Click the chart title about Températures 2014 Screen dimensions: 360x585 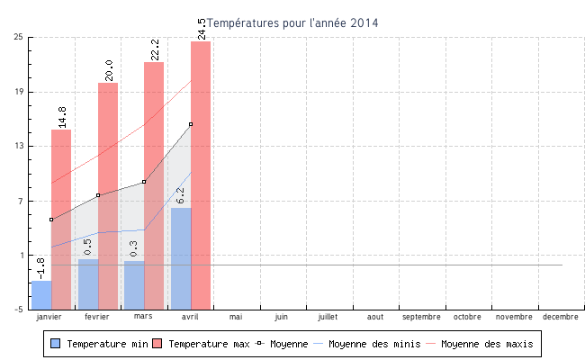click(292, 22)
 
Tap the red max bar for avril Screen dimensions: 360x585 click(201, 175)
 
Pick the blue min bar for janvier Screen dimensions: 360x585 click(41, 294)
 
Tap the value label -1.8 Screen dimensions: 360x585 click(41, 268)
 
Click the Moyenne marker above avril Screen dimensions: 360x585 click(191, 124)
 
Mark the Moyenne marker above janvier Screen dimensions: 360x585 click(51, 220)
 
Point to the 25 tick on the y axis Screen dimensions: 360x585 click(18, 37)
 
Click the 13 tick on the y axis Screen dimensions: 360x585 click(18, 146)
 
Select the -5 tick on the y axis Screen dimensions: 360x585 click(18, 310)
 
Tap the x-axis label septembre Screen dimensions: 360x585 click(421, 318)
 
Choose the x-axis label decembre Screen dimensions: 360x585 click(561, 318)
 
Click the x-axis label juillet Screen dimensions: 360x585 click(328, 318)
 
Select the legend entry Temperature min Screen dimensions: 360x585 click(102, 344)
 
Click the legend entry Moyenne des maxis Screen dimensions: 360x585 click(486, 344)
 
